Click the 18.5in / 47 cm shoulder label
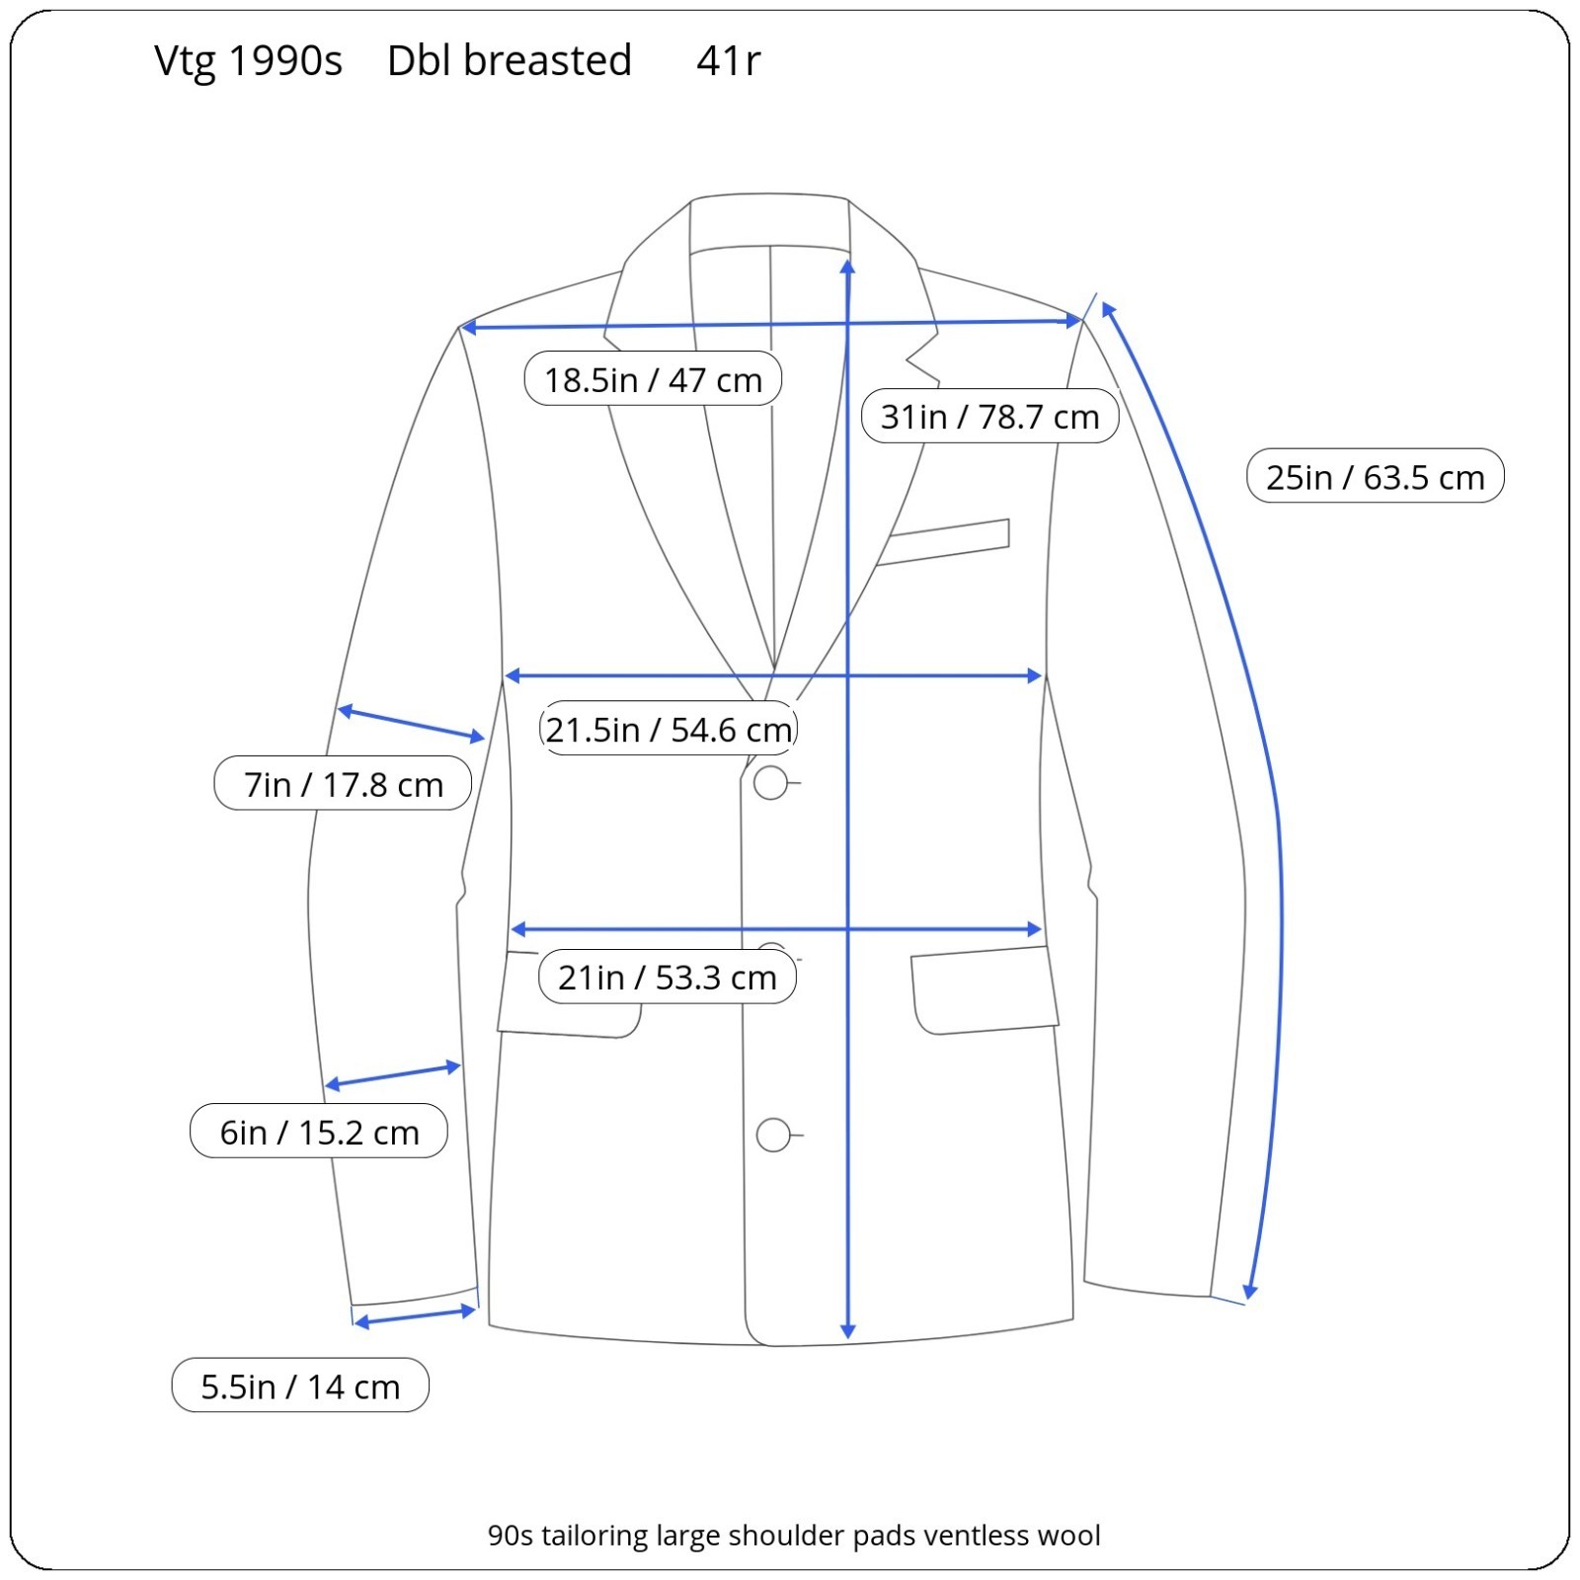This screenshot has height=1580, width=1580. point(653,379)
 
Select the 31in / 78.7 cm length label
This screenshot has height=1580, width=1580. point(989,417)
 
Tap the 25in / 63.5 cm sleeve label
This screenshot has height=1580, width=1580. point(1375,477)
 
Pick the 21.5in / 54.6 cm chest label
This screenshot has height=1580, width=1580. point(669,730)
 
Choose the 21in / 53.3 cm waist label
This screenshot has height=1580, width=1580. point(668,978)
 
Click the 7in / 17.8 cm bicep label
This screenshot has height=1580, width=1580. point(343,784)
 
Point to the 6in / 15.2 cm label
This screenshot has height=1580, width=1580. point(319,1132)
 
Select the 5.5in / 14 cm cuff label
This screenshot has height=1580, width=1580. point(300,1386)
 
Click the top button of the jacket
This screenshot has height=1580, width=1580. point(770,783)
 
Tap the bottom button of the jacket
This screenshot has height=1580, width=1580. point(773,1136)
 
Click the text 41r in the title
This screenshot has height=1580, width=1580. point(728,61)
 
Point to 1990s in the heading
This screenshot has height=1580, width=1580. point(285,61)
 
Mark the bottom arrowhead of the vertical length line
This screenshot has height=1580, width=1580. point(847,1330)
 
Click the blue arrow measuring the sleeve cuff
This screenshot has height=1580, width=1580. point(415,1317)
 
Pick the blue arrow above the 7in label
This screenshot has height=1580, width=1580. point(411,724)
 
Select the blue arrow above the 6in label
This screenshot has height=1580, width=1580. point(393,1075)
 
